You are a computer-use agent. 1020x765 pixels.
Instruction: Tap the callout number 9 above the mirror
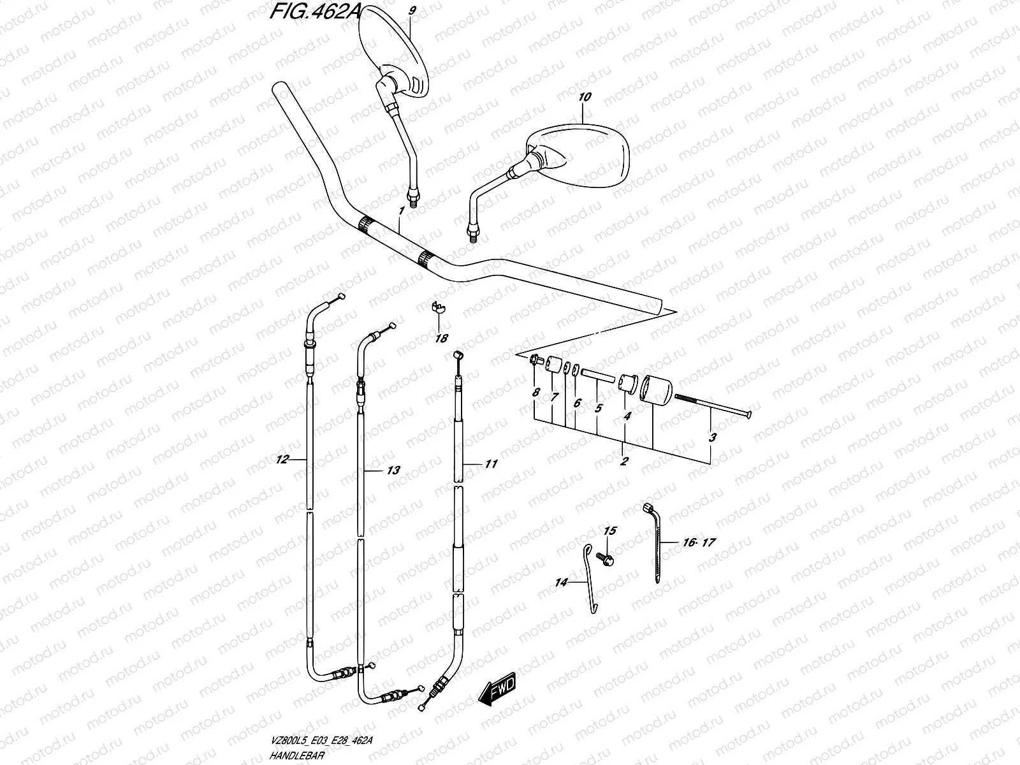click(412, 11)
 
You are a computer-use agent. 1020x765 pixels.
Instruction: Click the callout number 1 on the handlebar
click(401, 210)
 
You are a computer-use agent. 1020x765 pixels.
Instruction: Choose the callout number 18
click(441, 339)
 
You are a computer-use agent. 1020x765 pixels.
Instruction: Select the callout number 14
click(562, 582)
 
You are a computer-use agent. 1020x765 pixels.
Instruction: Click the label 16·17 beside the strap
click(699, 543)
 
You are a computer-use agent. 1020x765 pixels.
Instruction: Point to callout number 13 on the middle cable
click(393, 470)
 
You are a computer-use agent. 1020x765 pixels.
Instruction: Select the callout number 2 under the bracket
click(624, 462)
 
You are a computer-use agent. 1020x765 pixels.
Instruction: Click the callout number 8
click(535, 393)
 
